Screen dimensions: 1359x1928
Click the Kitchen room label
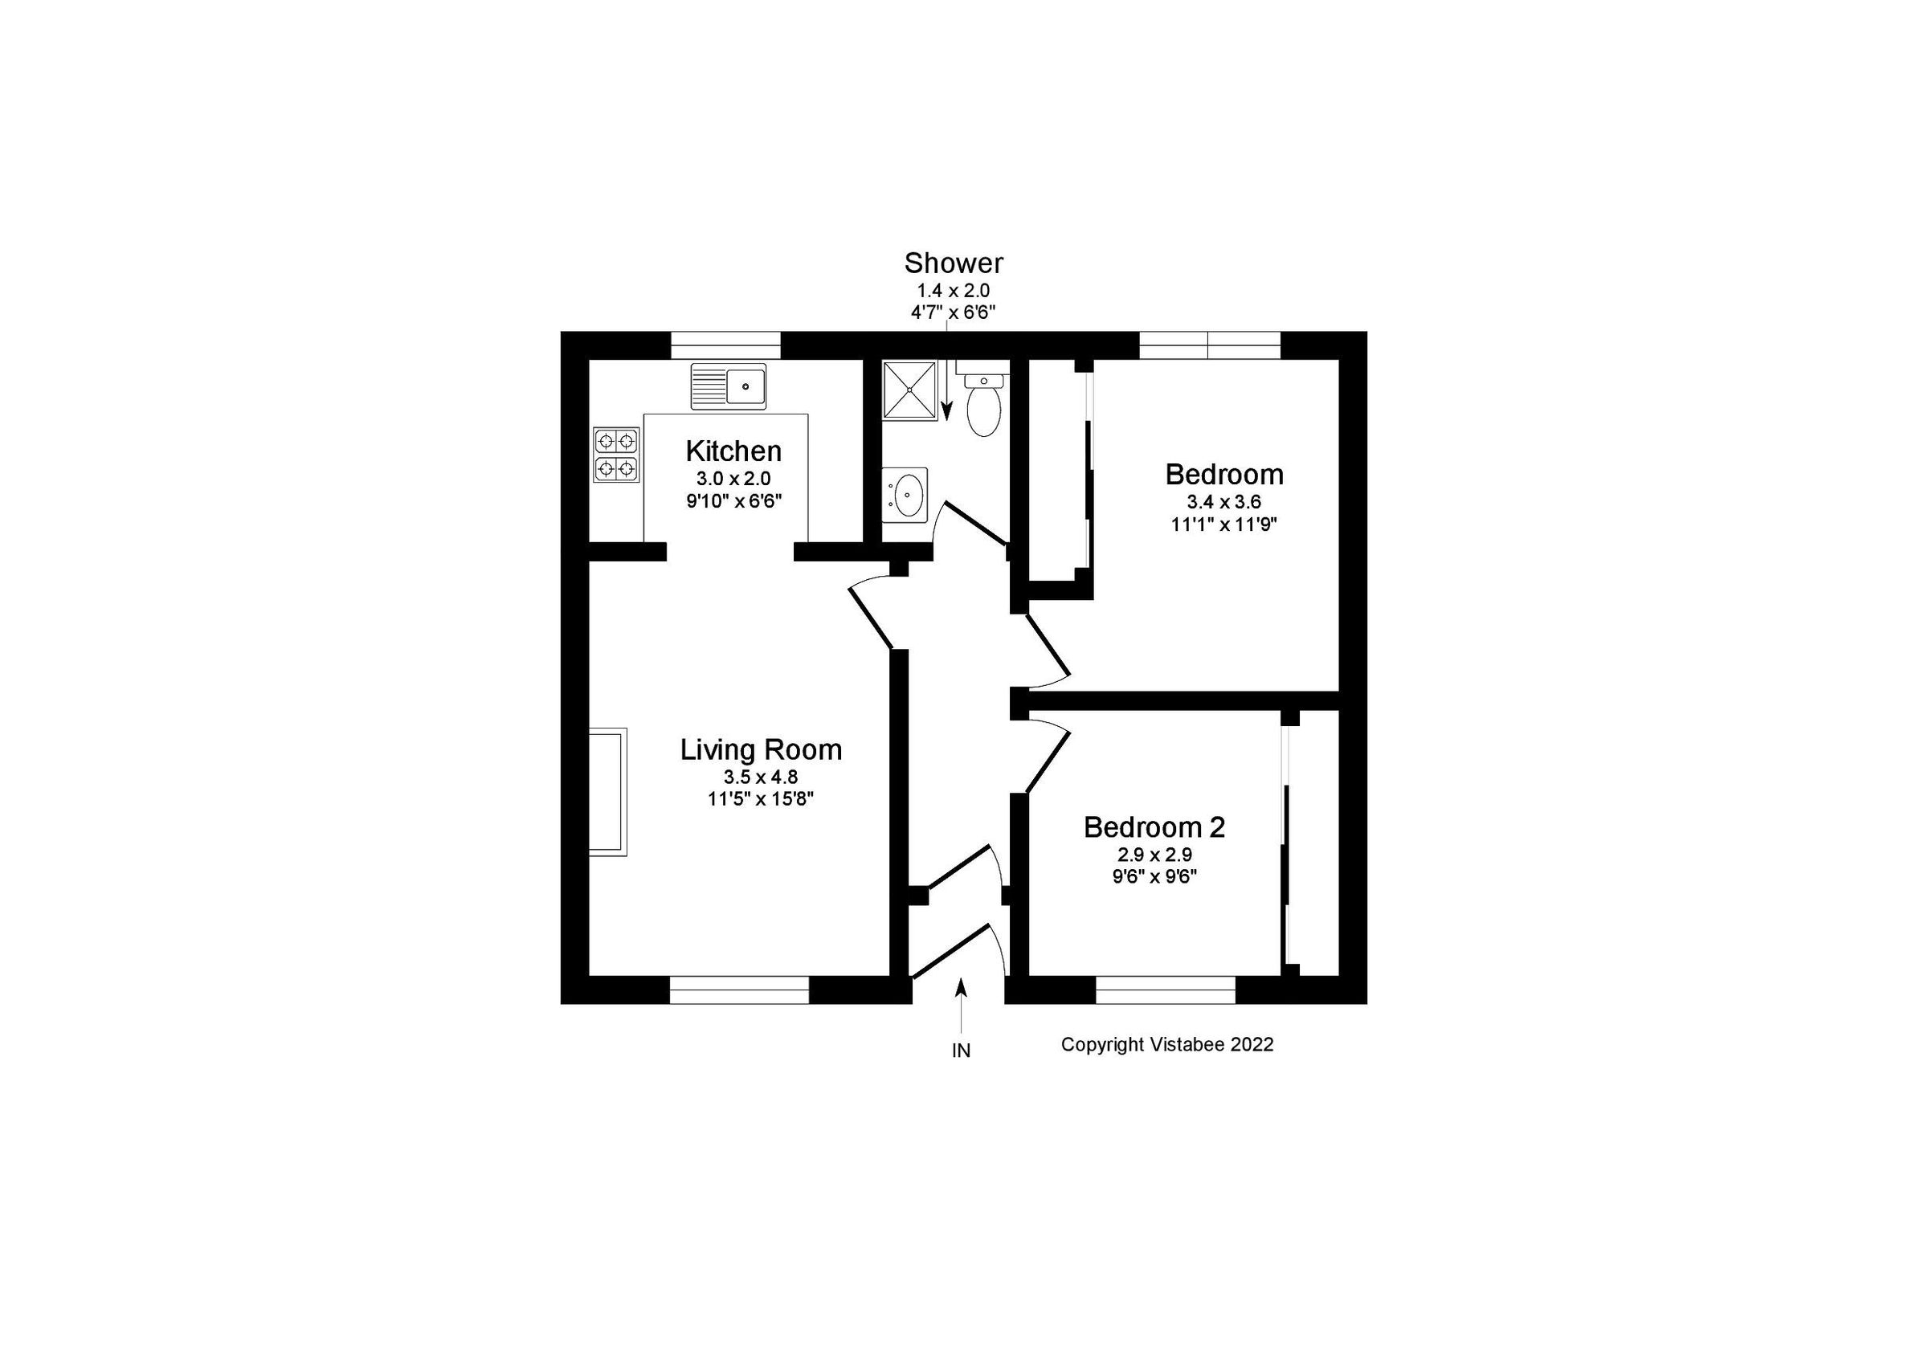pos(733,451)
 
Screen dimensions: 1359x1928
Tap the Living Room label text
pos(761,749)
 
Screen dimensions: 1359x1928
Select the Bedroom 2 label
pos(1154,827)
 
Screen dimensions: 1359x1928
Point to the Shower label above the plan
pos(953,263)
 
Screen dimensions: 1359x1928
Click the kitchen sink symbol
pos(728,386)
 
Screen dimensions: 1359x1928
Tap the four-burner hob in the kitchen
pos(616,454)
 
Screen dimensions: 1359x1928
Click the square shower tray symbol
pos(909,390)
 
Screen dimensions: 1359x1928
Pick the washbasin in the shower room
pos(906,496)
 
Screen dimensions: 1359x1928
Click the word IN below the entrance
pos(961,1051)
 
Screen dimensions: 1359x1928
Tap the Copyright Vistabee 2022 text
pos(1166,1044)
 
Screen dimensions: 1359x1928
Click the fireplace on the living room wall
pos(608,793)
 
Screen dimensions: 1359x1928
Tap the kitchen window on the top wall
pos(725,345)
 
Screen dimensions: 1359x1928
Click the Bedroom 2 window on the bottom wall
pos(1166,990)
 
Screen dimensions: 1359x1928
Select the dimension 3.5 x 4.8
pos(760,777)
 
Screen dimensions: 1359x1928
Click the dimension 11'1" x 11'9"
pos(1223,524)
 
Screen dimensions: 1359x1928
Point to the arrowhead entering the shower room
pos(946,410)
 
